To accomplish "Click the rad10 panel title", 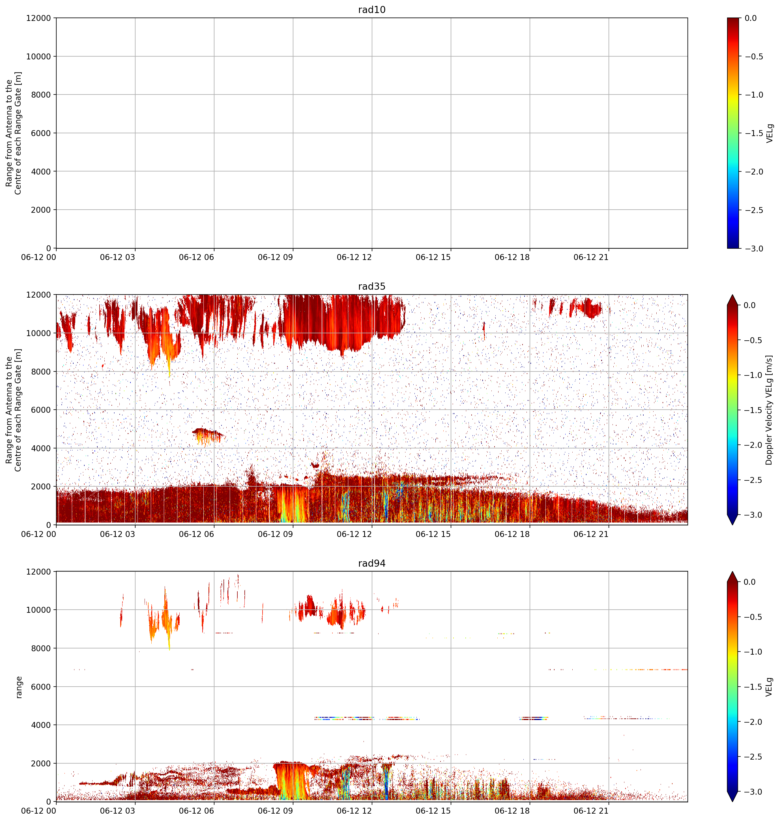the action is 372,10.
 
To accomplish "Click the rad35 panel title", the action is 372,286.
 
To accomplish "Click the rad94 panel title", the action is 372,563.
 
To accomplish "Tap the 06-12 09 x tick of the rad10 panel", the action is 275,257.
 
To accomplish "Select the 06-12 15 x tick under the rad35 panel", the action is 433,534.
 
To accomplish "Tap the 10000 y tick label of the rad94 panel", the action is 39,610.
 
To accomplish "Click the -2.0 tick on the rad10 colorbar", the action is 754,172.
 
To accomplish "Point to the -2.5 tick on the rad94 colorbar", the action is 754,756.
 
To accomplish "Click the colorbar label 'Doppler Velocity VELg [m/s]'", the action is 769,410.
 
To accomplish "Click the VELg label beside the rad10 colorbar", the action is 770,133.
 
